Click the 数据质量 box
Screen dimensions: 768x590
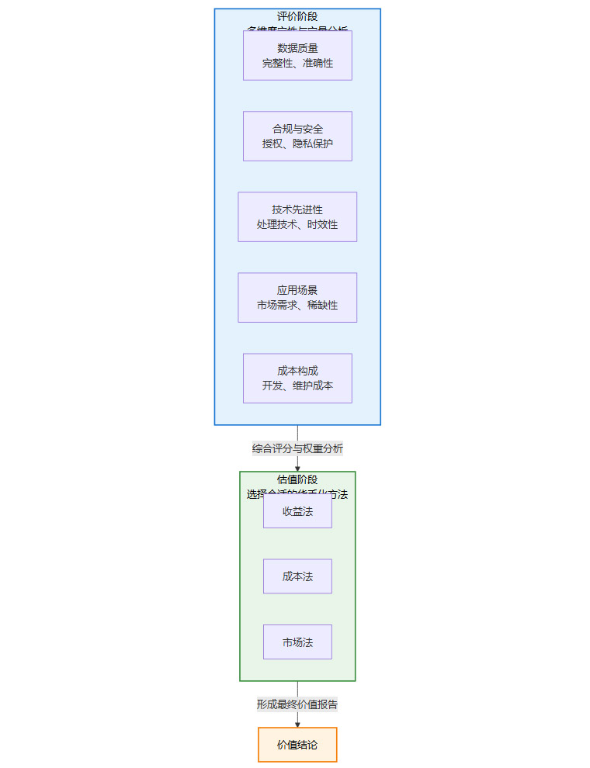click(297, 55)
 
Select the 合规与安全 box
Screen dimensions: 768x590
click(297, 136)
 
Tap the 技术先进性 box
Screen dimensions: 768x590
click(297, 216)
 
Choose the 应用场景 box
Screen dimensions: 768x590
click(297, 297)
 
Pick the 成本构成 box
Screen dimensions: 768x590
click(297, 378)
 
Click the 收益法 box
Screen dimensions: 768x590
click(297, 511)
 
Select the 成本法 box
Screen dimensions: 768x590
click(297, 576)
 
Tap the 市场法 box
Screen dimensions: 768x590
click(297, 642)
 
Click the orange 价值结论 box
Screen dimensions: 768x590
click(297, 745)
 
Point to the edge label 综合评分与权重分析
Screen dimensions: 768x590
click(297, 448)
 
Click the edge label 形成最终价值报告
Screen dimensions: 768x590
click(297, 704)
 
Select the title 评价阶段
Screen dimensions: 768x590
click(297, 16)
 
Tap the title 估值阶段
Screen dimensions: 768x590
click(297, 479)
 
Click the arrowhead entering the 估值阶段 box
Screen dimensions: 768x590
click(297, 468)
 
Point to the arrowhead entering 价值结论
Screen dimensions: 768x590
click(297, 724)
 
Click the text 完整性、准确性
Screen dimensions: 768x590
click(297, 64)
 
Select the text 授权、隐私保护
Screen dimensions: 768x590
click(297, 144)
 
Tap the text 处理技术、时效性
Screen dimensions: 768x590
click(297, 225)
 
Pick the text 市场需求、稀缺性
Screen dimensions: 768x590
click(297, 306)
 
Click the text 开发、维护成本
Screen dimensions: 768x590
click(297, 386)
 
